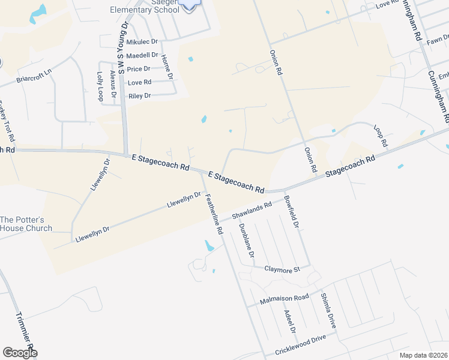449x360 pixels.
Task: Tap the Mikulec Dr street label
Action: tap(142, 42)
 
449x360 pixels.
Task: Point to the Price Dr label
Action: tap(139, 69)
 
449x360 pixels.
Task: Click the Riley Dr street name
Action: tap(139, 96)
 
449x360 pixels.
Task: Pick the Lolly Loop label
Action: tap(100, 85)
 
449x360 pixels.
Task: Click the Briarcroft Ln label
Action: tap(34, 79)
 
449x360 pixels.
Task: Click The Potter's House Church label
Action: tap(26, 224)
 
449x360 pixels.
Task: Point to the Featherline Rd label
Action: tap(214, 214)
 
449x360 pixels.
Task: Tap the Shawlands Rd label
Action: tap(252, 210)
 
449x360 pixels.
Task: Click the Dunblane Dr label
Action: tap(247, 241)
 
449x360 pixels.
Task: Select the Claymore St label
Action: tap(282, 270)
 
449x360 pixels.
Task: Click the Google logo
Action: tap(20, 353)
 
